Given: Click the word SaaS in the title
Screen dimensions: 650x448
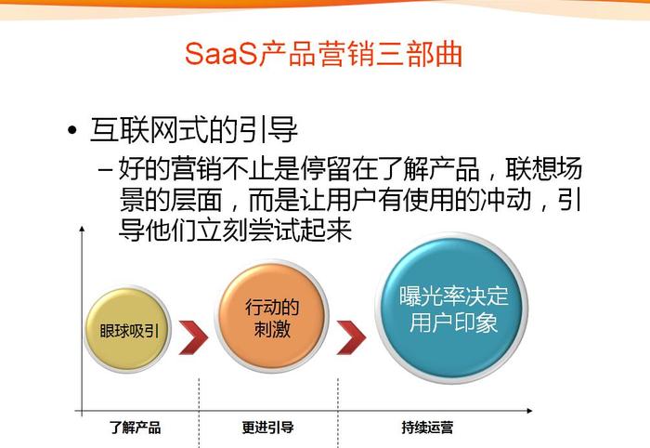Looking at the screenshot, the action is [x=222, y=54].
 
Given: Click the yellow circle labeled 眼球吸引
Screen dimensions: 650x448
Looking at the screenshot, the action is [x=128, y=330].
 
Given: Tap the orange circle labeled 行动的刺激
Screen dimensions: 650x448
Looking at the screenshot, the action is [x=271, y=317].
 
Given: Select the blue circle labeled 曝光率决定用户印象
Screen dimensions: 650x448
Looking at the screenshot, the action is [x=452, y=309].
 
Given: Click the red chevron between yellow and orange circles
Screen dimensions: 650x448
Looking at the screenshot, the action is [x=193, y=337].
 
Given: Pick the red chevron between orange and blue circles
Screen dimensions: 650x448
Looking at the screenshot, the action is [x=351, y=337].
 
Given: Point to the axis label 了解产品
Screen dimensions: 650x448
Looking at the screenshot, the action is [x=136, y=428].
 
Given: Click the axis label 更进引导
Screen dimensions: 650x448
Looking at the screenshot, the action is [x=267, y=428].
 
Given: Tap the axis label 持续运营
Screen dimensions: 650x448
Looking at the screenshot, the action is [x=427, y=428].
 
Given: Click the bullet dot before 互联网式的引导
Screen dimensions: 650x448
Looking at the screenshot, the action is [x=72, y=131].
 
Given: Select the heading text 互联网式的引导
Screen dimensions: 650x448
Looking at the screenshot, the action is [x=193, y=130].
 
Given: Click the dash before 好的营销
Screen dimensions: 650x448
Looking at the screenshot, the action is [x=105, y=170].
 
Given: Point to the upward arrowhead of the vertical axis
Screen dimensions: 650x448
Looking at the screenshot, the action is [x=82, y=229].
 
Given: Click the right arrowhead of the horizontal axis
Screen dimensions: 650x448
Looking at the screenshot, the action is [x=529, y=411].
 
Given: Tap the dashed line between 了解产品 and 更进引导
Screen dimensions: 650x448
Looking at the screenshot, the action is [x=199, y=413].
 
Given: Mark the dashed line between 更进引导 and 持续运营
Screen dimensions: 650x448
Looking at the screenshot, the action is [x=338, y=413].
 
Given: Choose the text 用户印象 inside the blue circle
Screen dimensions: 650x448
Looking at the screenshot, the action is [x=453, y=323].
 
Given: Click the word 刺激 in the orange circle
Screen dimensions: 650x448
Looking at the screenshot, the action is [x=272, y=330].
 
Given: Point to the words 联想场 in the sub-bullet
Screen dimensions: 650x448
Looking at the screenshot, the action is [x=543, y=169].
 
